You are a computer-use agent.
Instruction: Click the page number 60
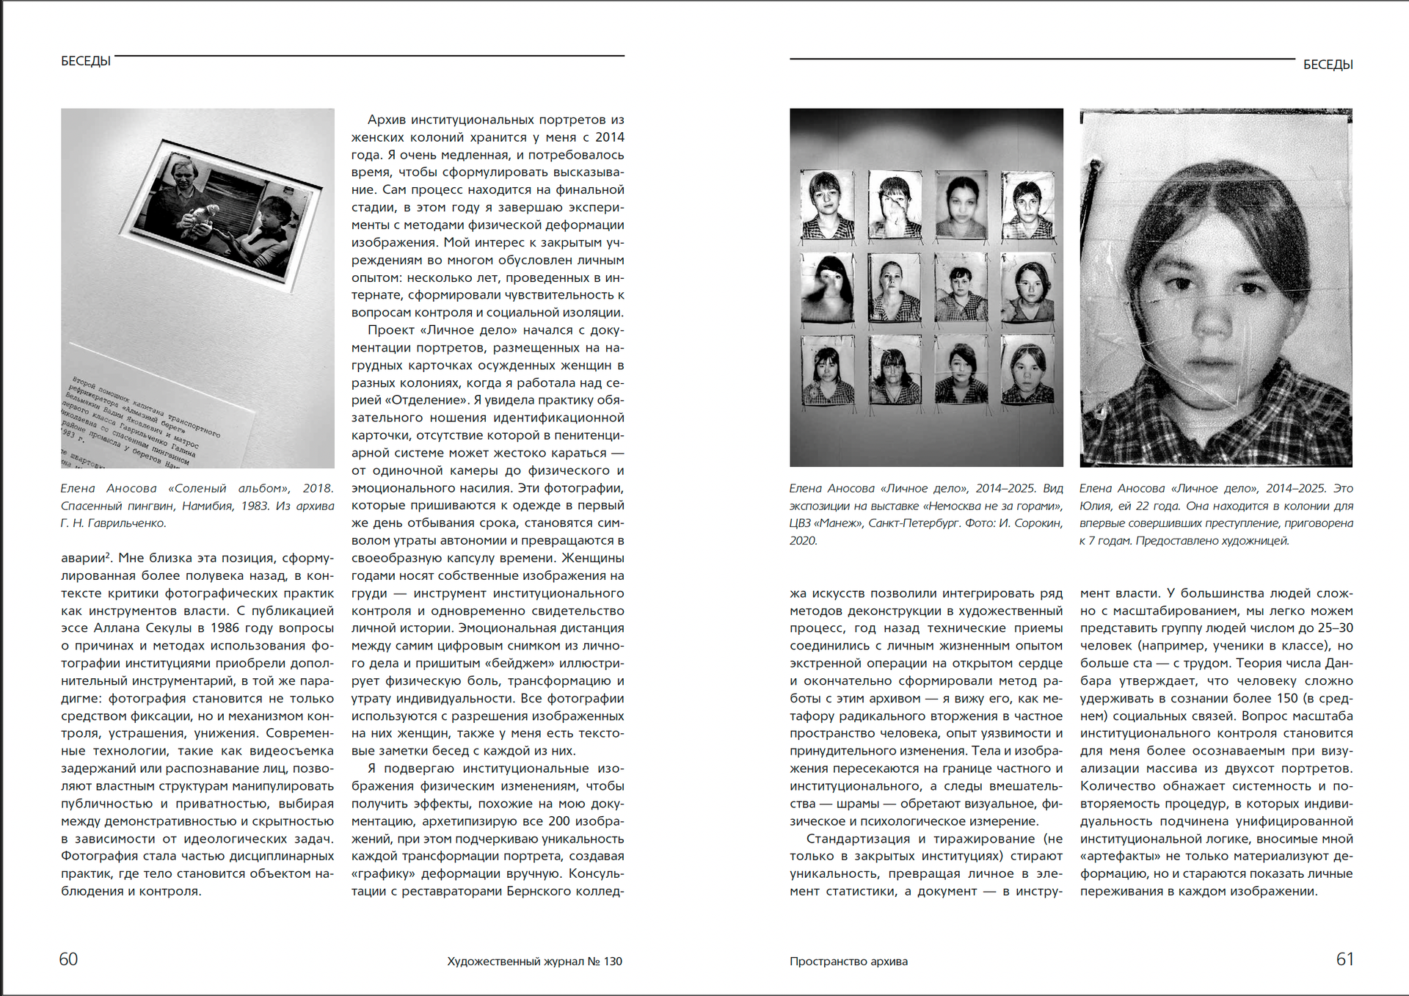click(x=68, y=959)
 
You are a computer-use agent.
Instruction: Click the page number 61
click(x=1344, y=959)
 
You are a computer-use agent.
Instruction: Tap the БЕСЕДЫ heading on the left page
click(x=86, y=61)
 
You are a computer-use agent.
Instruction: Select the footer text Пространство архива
click(x=848, y=962)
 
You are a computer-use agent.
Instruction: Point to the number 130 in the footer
click(x=613, y=962)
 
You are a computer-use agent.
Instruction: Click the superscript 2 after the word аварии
click(x=108, y=555)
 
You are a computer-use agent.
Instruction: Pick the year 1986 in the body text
click(x=225, y=628)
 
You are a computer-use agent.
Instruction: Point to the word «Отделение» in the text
click(x=432, y=401)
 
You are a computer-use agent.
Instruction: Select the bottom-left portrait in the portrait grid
click(x=828, y=370)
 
